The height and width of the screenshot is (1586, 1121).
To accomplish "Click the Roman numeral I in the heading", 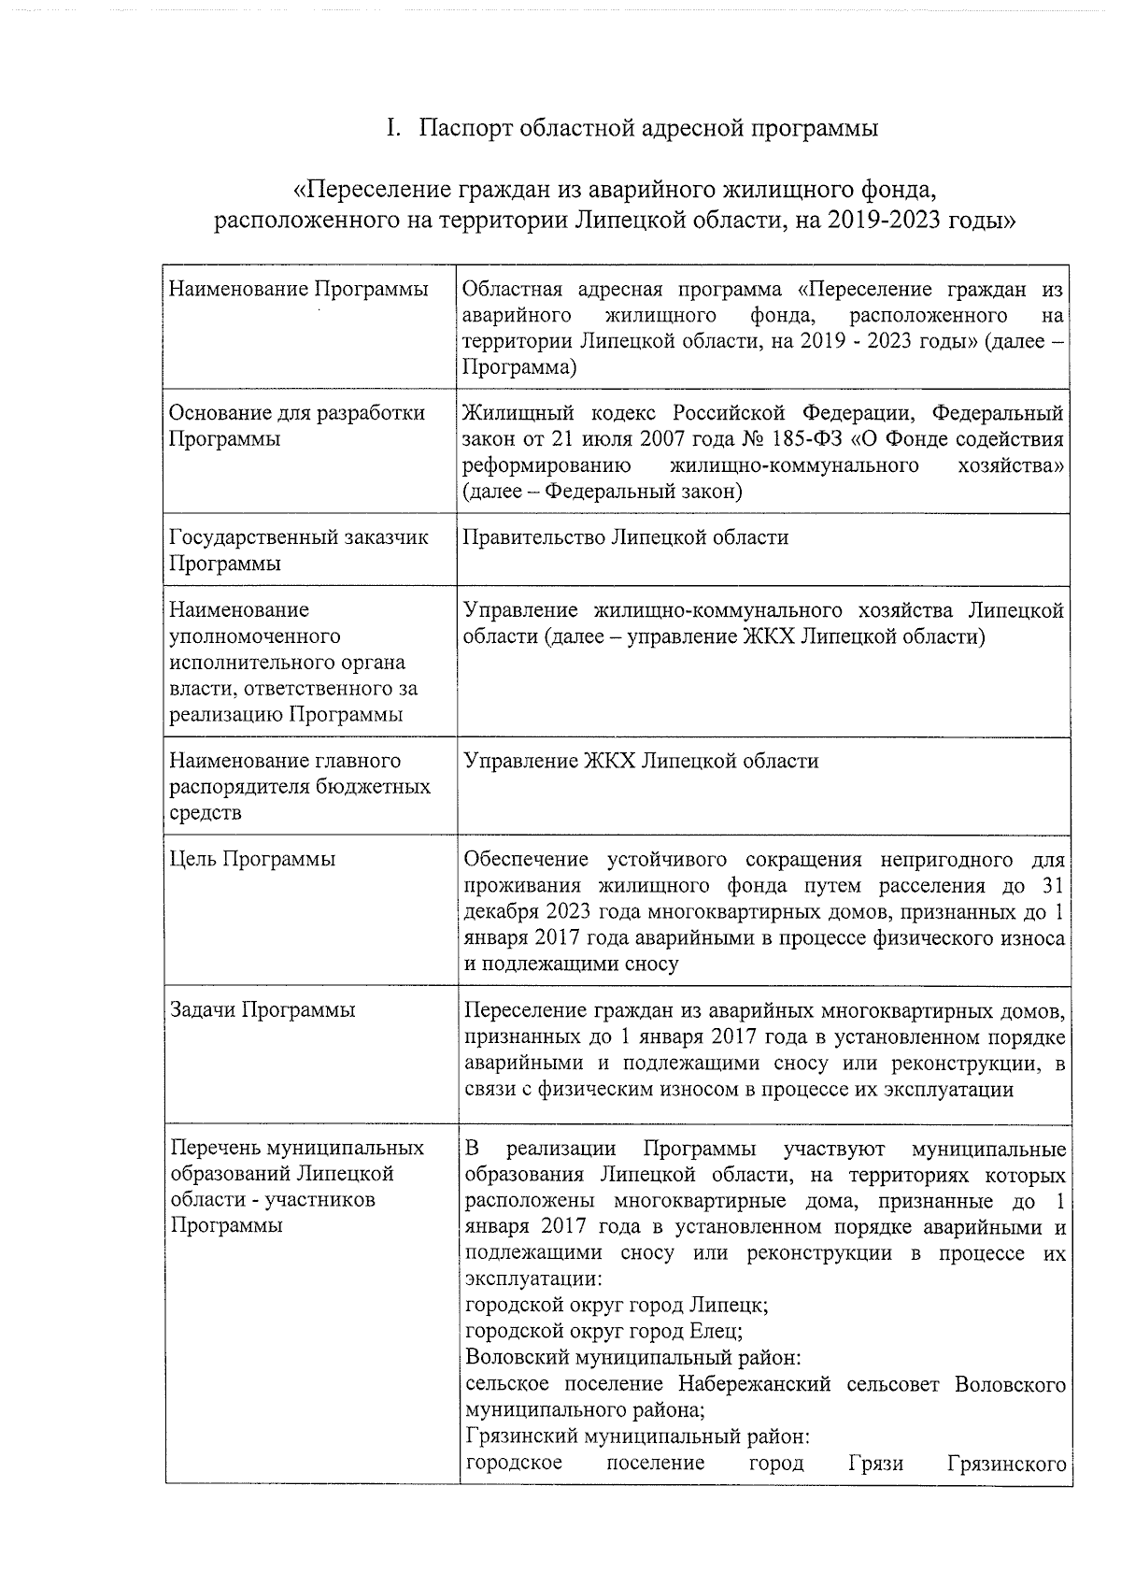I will [393, 128].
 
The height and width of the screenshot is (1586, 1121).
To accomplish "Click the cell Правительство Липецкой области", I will [626, 537].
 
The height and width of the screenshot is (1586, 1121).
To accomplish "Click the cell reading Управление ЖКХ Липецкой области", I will [641, 761].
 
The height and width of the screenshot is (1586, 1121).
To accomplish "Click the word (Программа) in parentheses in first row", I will [519, 367].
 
